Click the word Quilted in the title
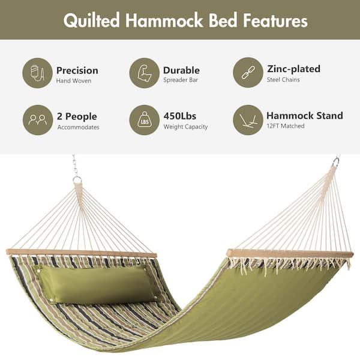tap(92, 20)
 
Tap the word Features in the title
tap(275, 20)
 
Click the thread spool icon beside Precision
tap(37, 73)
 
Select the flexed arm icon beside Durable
tap(145, 73)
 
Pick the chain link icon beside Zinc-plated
tap(248, 73)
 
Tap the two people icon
tap(38, 119)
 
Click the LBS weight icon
tap(145, 119)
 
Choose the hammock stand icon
tap(248, 120)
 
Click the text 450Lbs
tap(180, 116)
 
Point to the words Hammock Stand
tap(305, 115)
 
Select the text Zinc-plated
tap(293, 69)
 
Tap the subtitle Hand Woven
tap(74, 81)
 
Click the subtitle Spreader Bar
tap(181, 80)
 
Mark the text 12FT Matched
tap(286, 126)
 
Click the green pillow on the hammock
tap(98, 284)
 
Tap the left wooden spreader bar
tap(82, 253)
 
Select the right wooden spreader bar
tap(290, 254)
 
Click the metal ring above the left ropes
tap(77, 179)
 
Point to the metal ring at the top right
tap(337, 161)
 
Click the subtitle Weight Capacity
tap(185, 127)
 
